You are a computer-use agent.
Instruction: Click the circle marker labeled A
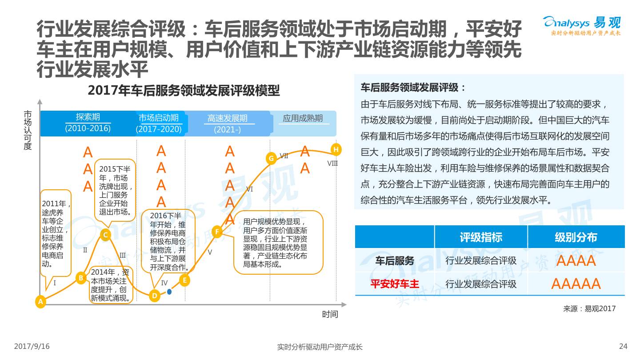[x=40, y=302]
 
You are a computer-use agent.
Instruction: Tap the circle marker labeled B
[x=81, y=278]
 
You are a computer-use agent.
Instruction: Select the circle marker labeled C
[x=105, y=235]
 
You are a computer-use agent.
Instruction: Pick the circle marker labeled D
[x=154, y=296]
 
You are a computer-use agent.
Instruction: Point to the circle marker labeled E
[x=184, y=280]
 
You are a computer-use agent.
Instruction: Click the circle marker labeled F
[x=217, y=232]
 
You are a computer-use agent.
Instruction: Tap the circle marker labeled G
[x=271, y=158]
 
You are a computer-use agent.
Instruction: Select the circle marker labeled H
[x=336, y=149]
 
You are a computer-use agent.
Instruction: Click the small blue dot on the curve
[x=169, y=292]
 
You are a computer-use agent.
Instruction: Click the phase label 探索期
[x=88, y=117]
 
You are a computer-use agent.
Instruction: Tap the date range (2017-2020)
[x=159, y=129]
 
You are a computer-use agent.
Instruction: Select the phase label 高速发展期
[x=227, y=118]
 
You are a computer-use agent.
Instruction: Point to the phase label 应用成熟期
[x=303, y=118]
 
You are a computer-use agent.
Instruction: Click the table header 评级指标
[x=481, y=237]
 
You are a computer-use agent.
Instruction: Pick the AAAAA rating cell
[x=576, y=284]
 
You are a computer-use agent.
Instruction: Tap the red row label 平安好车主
[x=395, y=284]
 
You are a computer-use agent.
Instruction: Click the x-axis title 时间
[x=330, y=315]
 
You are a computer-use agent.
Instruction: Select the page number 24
[x=623, y=347]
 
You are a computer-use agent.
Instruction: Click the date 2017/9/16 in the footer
[x=32, y=347]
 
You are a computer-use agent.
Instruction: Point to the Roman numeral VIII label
[x=332, y=164]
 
